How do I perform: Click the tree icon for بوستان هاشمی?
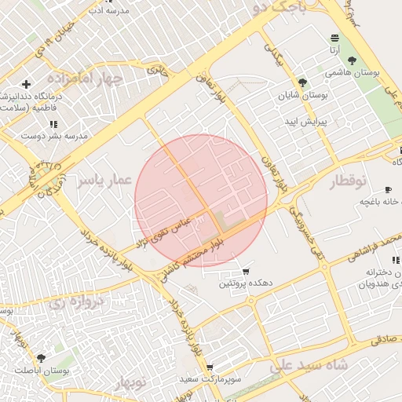tap(351, 60)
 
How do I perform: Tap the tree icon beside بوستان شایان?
tap(303, 83)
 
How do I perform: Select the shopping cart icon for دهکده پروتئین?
tap(246, 272)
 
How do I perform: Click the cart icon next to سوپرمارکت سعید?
tap(210, 367)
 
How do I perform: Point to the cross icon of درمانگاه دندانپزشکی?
tap(27, 84)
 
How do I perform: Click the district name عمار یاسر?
tap(102, 181)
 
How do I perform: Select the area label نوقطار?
tap(343, 181)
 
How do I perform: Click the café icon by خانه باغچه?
tap(388, 190)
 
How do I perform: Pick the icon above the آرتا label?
tap(335, 38)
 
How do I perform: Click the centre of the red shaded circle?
tap(201, 201)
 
